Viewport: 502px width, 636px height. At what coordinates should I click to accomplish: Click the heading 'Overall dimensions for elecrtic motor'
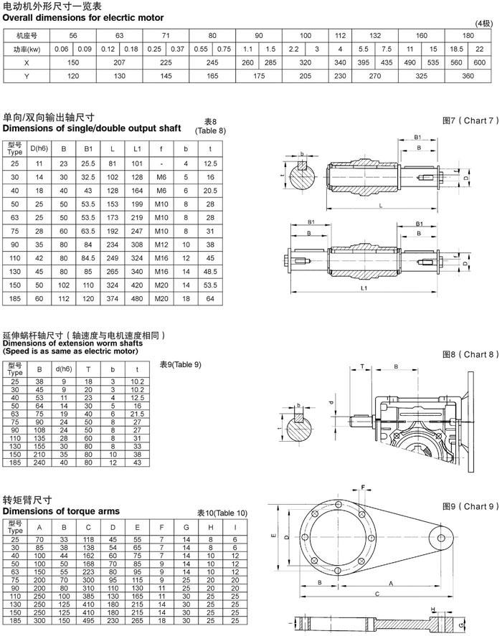83,17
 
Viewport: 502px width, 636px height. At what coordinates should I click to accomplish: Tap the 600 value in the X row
480,62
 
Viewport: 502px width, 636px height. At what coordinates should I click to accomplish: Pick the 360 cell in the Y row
468,76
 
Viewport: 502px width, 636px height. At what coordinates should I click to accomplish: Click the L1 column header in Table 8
137,149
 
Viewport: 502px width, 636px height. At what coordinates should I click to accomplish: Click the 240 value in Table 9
39,462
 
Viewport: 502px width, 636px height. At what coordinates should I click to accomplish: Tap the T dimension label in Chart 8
363,366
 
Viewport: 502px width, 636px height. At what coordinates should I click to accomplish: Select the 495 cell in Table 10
90,620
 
